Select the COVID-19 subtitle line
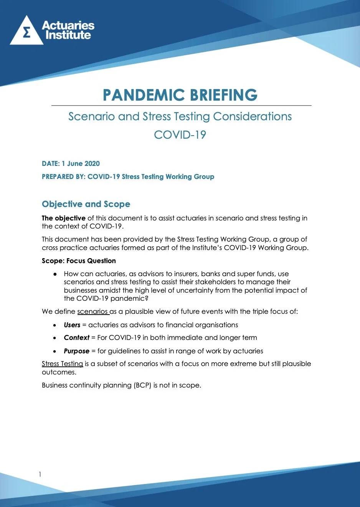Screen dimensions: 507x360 click(180, 135)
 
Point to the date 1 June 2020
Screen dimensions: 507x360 click(81, 164)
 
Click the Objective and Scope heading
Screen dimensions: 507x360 click(86, 204)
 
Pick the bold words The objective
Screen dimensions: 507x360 click(64, 218)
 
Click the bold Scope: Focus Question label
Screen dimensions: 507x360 click(79, 261)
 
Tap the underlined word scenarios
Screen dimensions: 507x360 click(92, 311)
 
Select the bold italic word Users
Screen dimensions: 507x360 click(72, 325)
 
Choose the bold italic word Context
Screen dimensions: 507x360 click(76, 338)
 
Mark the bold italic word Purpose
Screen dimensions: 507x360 click(76, 351)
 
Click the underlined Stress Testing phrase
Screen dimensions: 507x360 click(62, 364)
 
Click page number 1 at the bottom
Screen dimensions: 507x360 click(40, 474)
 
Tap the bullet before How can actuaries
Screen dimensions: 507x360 click(55, 274)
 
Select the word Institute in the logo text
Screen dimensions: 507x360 click(68, 35)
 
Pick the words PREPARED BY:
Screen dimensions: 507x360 click(63, 177)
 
